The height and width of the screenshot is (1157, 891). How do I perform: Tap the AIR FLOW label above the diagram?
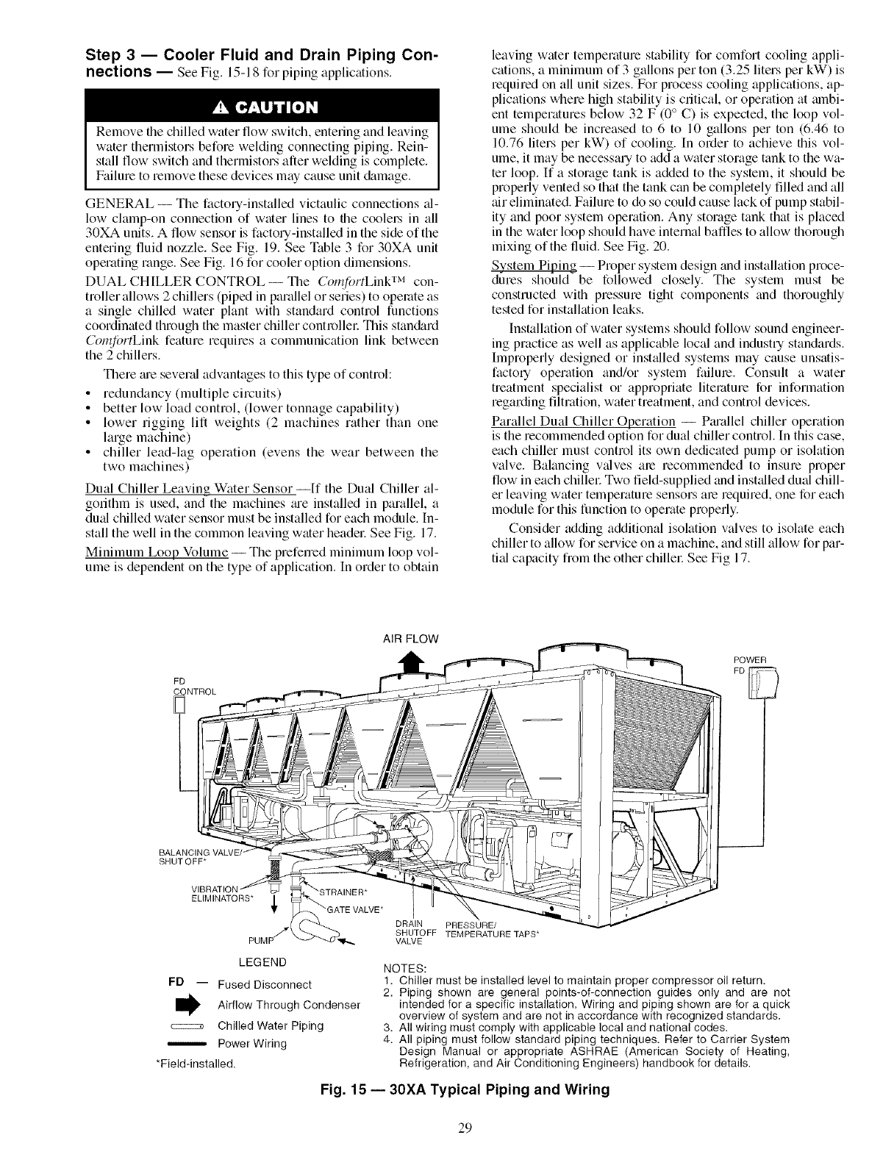point(412,639)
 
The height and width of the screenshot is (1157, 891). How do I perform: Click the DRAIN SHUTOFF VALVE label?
point(411,933)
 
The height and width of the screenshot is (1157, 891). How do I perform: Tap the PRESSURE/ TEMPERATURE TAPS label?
point(488,929)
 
